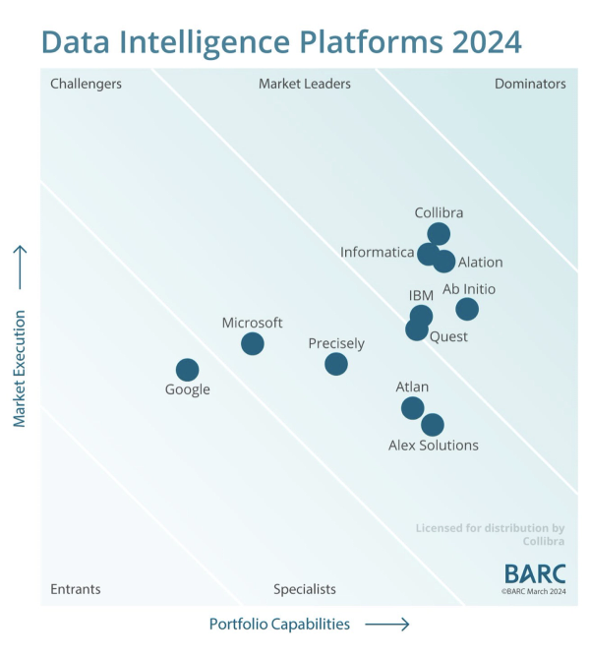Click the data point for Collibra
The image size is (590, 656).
[x=439, y=234]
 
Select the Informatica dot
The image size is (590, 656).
[x=428, y=254]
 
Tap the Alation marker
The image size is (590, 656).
[x=444, y=262]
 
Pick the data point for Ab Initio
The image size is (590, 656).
[x=467, y=309]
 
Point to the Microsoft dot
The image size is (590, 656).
[x=253, y=343]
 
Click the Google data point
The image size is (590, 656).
[x=187, y=370]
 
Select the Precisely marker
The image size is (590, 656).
[x=336, y=364]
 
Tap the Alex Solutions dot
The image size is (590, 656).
[x=433, y=425]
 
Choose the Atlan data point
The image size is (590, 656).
[x=412, y=407]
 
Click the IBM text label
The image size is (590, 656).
[x=421, y=295]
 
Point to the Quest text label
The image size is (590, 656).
[x=448, y=337]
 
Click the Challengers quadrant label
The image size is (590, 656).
[x=86, y=84]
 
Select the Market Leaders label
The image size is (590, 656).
[x=304, y=84]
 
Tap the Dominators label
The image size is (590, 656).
[x=530, y=84]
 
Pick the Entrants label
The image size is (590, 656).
[x=76, y=589]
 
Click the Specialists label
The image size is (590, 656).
[x=305, y=589]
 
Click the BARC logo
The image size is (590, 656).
[x=535, y=573]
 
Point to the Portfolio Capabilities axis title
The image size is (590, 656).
[x=279, y=624]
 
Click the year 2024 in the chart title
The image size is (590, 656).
[x=487, y=42]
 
